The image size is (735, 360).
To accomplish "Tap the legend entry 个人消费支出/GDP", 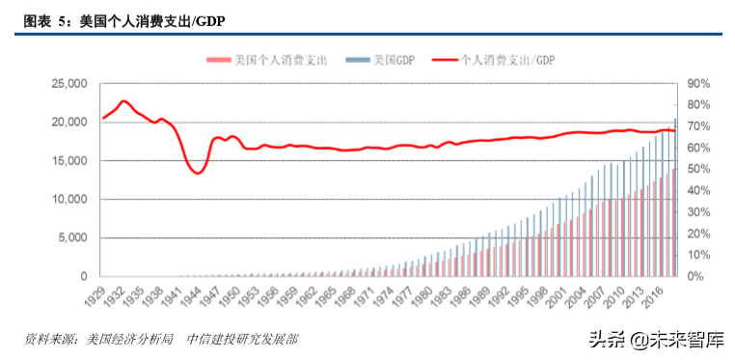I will coord(503,60).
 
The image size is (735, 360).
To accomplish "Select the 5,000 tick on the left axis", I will coord(72,238).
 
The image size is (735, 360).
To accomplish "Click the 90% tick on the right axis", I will coord(698,84).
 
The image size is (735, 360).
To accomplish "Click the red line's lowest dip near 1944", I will coord(198,173).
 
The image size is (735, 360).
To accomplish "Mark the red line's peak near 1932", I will coord(122,101).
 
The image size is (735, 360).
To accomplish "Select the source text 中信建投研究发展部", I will coord(242,339).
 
